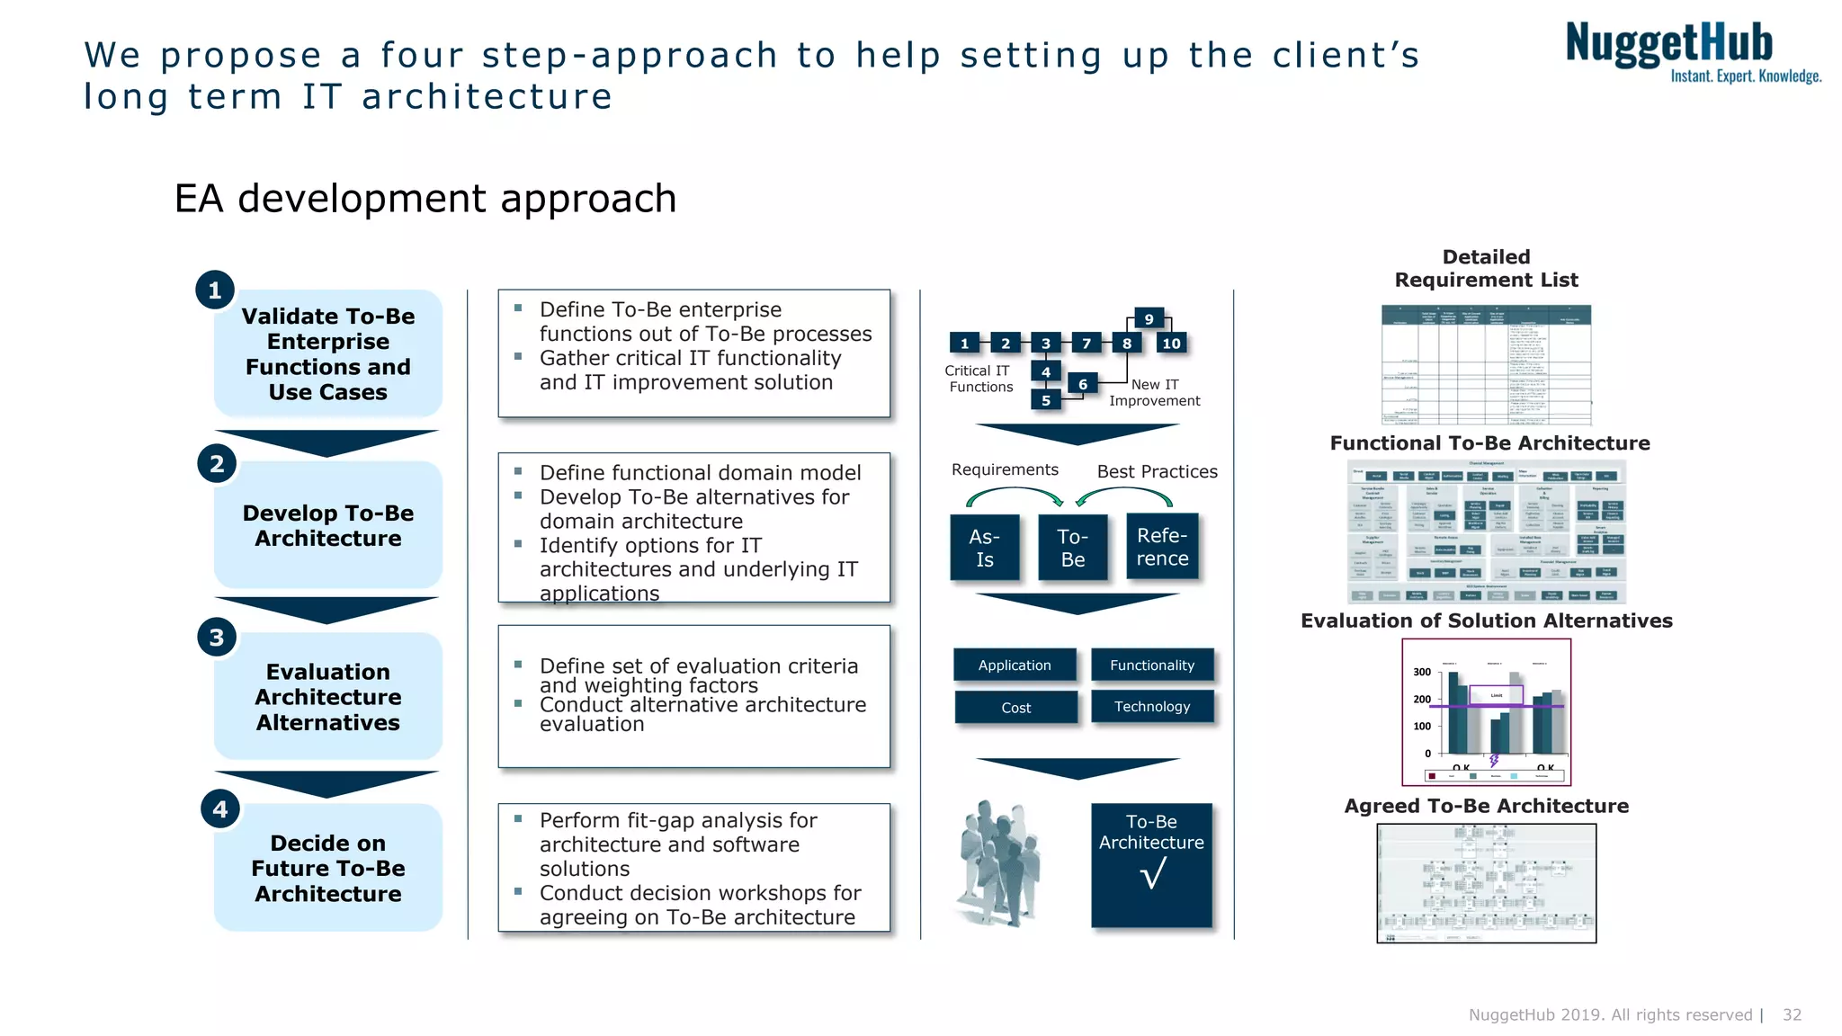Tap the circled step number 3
[217, 638]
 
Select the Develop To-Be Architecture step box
[328, 526]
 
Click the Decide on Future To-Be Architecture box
[328, 869]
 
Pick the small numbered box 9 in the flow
[1149, 319]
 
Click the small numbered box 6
[1083, 385]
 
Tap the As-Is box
[985, 548]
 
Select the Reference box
[1162, 547]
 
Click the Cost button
[1016, 708]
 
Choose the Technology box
[1152, 707]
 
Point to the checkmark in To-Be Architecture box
[1153, 873]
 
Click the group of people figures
[999, 862]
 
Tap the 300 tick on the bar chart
[1421, 672]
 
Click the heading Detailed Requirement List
[1486, 269]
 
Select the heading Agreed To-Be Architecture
[1486, 806]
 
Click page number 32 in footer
[1792, 1014]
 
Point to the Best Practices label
[1157, 472]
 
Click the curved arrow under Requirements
[1015, 495]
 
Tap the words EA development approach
[425, 199]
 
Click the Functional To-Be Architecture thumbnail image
[1486, 531]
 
